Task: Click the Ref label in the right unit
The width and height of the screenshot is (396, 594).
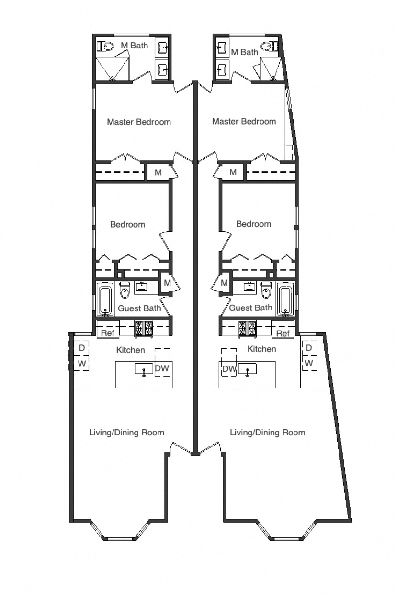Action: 283,333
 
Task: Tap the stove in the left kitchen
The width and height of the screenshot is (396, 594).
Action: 143,329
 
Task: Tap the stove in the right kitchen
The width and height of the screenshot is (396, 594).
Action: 248,329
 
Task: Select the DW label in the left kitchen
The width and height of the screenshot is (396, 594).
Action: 161,368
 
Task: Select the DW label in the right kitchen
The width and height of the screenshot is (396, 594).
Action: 229,368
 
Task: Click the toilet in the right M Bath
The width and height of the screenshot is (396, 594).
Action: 267,46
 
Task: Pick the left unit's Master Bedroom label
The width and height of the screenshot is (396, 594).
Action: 138,122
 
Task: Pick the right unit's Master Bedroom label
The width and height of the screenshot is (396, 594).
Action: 244,121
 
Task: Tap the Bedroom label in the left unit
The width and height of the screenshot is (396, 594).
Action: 127,224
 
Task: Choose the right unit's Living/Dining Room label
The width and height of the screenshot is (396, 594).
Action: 267,433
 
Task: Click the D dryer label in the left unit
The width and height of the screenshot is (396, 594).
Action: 81,347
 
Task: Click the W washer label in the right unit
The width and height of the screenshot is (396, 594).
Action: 309,363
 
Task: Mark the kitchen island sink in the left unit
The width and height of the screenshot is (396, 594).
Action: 143,369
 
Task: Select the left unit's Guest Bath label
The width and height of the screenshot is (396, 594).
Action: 139,308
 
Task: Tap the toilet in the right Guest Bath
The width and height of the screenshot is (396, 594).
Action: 266,290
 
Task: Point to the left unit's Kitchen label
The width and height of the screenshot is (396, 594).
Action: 130,350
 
